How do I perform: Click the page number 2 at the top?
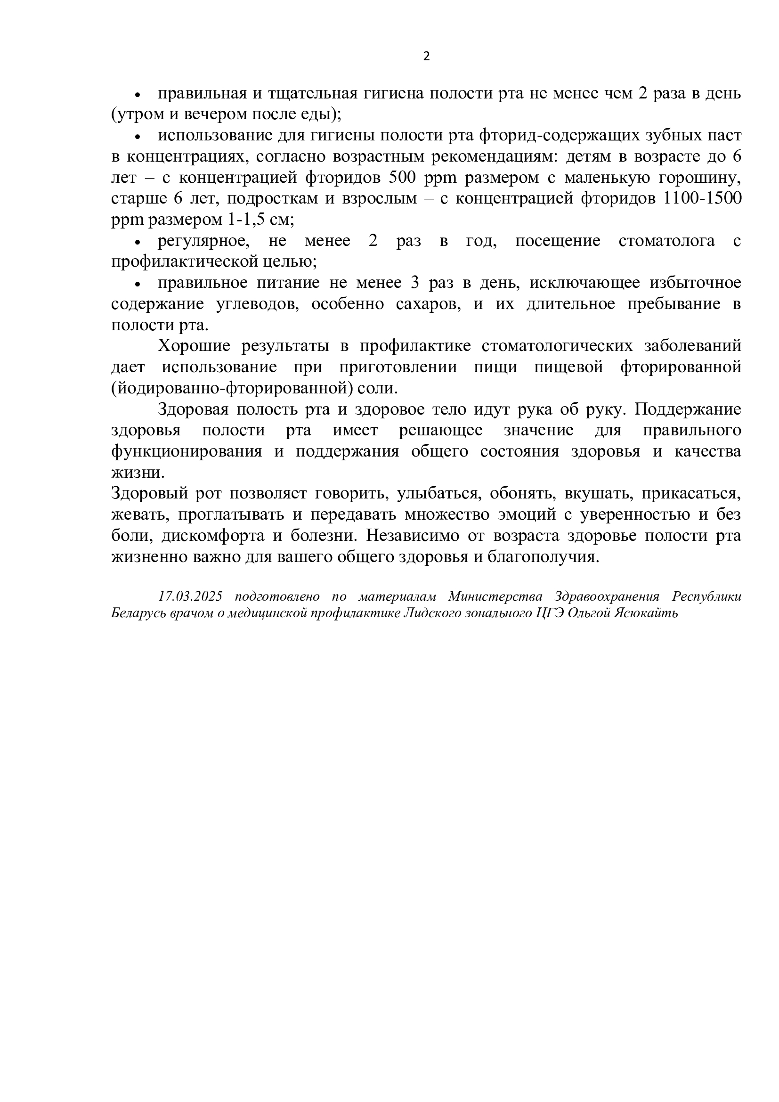(x=426, y=57)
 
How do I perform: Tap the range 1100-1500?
(x=701, y=199)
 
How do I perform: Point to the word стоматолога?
(x=666, y=241)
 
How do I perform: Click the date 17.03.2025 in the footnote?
(x=190, y=596)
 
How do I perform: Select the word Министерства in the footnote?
(x=495, y=596)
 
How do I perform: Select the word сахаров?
(x=428, y=304)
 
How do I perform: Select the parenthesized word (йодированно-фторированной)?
(x=233, y=388)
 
